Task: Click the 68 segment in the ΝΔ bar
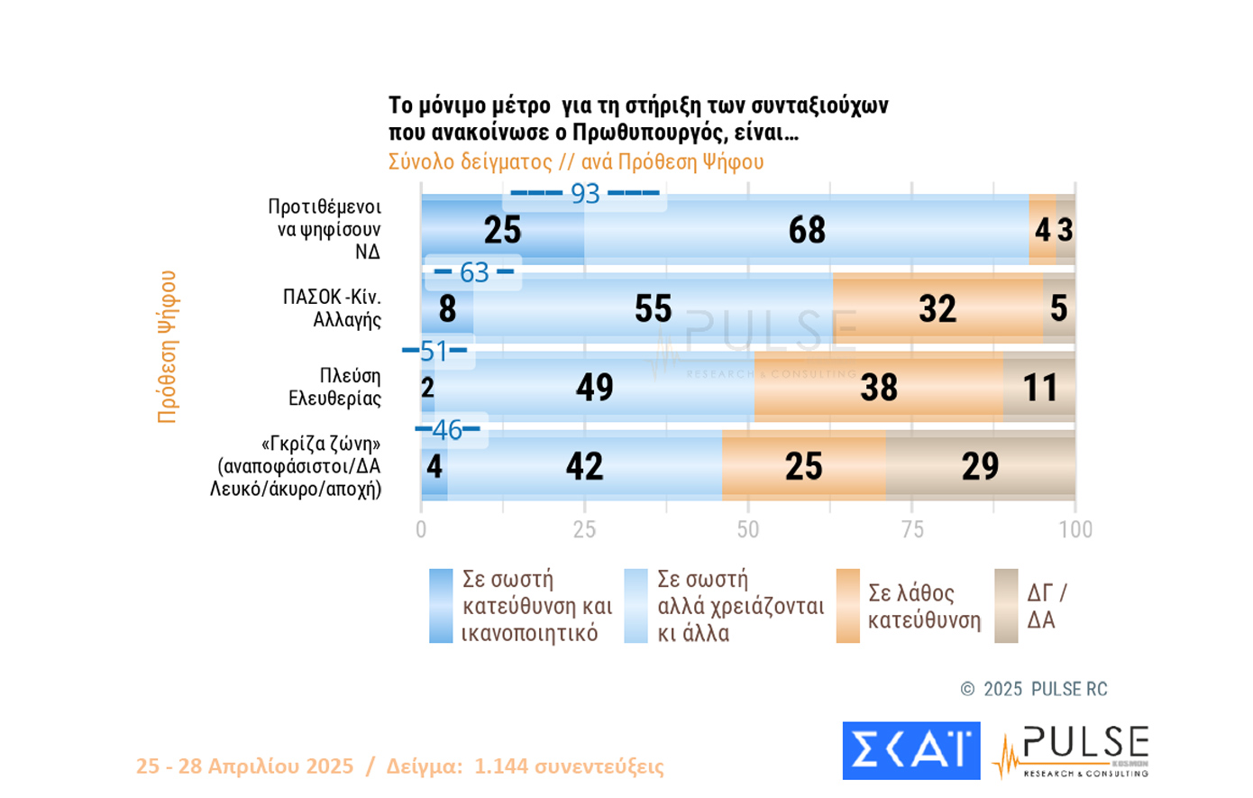(x=807, y=230)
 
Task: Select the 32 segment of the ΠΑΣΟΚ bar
(x=937, y=308)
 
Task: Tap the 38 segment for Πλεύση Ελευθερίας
(x=879, y=388)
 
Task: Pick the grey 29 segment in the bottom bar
(x=980, y=466)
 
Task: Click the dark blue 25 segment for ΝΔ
(x=502, y=230)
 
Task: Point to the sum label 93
(x=586, y=193)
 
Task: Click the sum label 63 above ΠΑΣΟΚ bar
(x=474, y=271)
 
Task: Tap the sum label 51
(x=434, y=350)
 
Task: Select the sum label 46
(x=447, y=429)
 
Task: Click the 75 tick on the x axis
(x=912, y=529)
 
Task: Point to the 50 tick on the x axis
(x=748, y=529)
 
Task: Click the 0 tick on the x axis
(x=421, y=529)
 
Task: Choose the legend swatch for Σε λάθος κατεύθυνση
(x=847, y=606)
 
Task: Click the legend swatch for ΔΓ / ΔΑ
(x=1006, y=606)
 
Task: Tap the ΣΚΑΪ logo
(x=910, y=750)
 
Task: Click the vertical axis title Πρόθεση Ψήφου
(x=168, y=346)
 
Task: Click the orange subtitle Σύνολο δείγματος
(x=469, y=161)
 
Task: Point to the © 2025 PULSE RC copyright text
(x=1034, y=689)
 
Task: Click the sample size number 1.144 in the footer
(x=502, y=766)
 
